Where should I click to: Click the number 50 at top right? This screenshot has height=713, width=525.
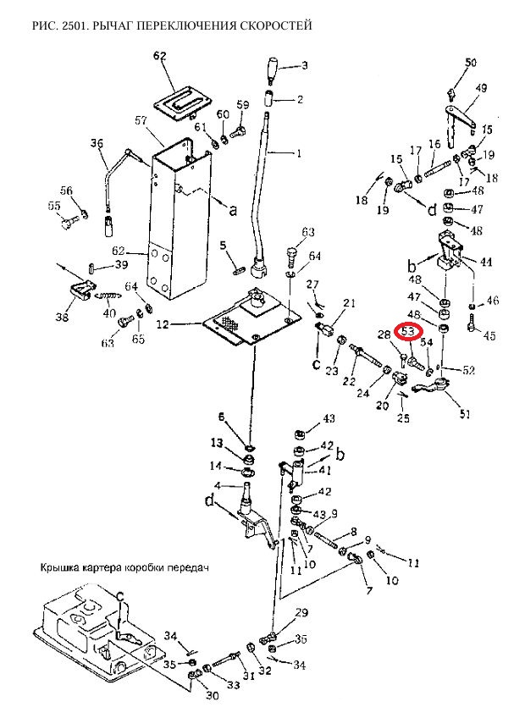pyautogui.click(x=472, y=63)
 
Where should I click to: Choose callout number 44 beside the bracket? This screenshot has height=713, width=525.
pyautogui.click(x=486, y=263)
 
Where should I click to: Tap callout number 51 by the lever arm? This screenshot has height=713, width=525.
pyautogui.click(x=465, y=414)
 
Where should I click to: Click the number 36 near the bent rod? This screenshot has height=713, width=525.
pyautogui.click(x=96, y=143)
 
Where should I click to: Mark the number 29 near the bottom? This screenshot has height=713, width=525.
pyautogui.click(x=301, y=612)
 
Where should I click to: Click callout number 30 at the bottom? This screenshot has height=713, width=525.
pyautogui.click(x=211, y=696)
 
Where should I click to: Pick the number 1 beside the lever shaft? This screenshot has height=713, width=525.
pyautogui.click(x=297, y=154)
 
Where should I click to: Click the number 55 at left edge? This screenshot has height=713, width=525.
pyautogui.click(x=54, y=206)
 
